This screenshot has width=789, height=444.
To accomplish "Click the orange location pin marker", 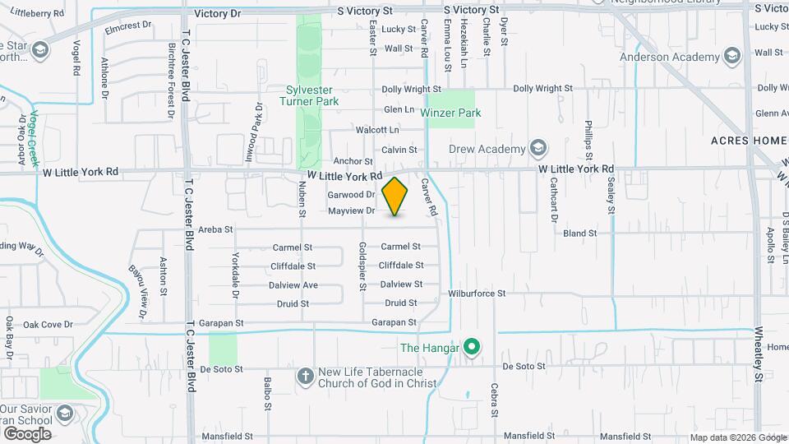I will (395, 196).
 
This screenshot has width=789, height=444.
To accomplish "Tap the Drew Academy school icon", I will (538, 149).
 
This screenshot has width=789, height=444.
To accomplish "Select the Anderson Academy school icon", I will (732, 57).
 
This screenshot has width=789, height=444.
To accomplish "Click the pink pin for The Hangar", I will (471, 348).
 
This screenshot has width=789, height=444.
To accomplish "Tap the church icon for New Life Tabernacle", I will (305, 376).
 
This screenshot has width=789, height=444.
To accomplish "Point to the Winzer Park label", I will (450, 113).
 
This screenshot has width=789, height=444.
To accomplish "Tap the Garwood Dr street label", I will (351, 195).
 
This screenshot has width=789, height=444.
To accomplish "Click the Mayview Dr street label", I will (351, 211).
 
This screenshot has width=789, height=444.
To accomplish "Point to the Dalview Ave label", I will (293, 285).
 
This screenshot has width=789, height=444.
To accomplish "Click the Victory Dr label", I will (218, 13).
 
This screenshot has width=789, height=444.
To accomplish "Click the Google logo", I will (26, 433).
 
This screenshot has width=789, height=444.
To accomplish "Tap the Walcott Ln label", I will (376, 130).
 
